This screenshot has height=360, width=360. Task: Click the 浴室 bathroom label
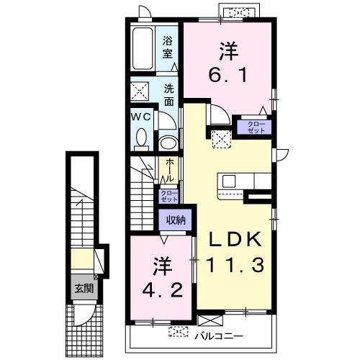click(x=167, y=48)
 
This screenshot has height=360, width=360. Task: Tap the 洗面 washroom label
click(x=168, y=96)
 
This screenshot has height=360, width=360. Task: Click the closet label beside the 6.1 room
click(x=256, y=127)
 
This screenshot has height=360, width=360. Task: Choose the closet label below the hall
click(x=167, y=197)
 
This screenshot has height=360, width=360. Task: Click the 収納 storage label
click(x=176, y=220)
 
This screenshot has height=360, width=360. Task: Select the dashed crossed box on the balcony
click(x=178, y=333)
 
